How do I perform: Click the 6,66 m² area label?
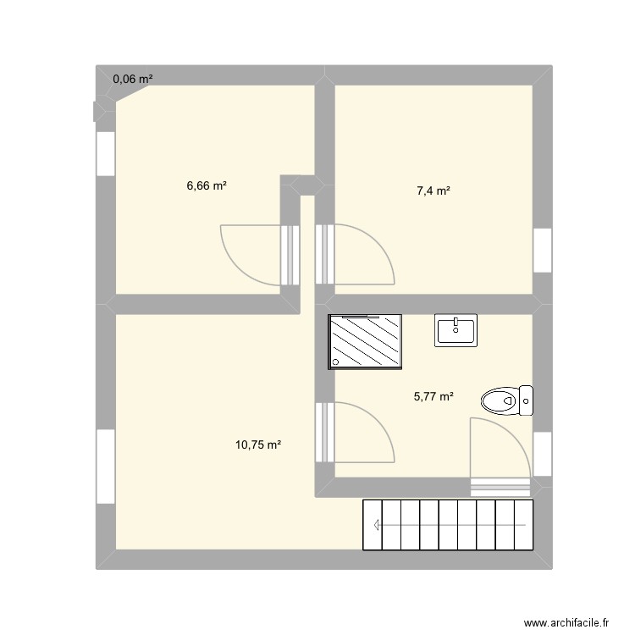pos(207,185)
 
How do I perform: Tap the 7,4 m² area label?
pos(433,191)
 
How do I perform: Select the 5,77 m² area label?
pos(433,395)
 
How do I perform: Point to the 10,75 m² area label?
pos(258,444)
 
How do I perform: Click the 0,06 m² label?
pos(133,79)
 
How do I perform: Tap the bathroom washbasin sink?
pos(457,329)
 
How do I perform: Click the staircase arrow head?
pos(373,524)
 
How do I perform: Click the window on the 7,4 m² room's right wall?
pos(542,251)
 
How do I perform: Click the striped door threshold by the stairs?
pos(500,486)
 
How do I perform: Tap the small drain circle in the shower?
pos(337,363)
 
